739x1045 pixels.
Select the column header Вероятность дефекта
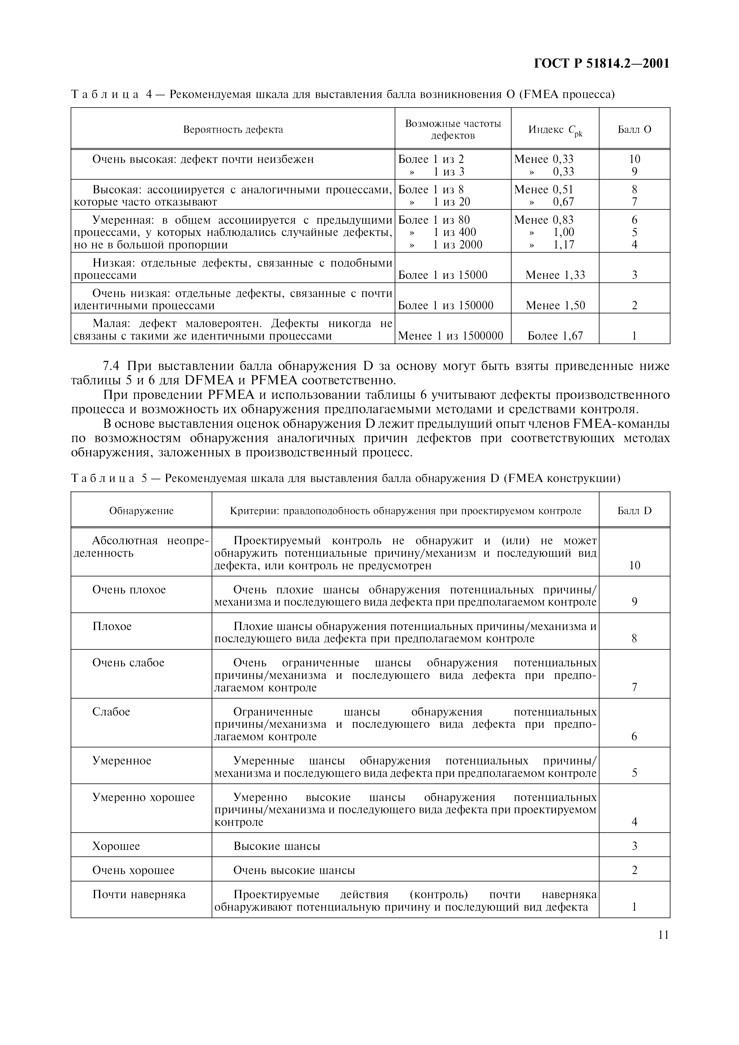pyautogui.click(x=233, y=130)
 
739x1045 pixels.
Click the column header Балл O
pyautogui.click(x=634, y=130)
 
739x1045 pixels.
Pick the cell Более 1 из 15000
pyautogui.click(x=443, y=275)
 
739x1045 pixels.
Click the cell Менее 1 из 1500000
pyautogui.click(x=450, y=336)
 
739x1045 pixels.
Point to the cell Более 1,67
pyautogui.click(x=555, y=336)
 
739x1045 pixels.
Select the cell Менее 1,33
pyautogui.click(x=555, y=275)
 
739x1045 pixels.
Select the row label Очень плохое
pyautogui.click(x=129, y=590)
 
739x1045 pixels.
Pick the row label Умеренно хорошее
pyautogui.click(x=143, y=797)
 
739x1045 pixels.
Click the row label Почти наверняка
pyautogui.click(x=139, y=895)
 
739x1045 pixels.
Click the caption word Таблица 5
pyautogui.click(x=109, y=478)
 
